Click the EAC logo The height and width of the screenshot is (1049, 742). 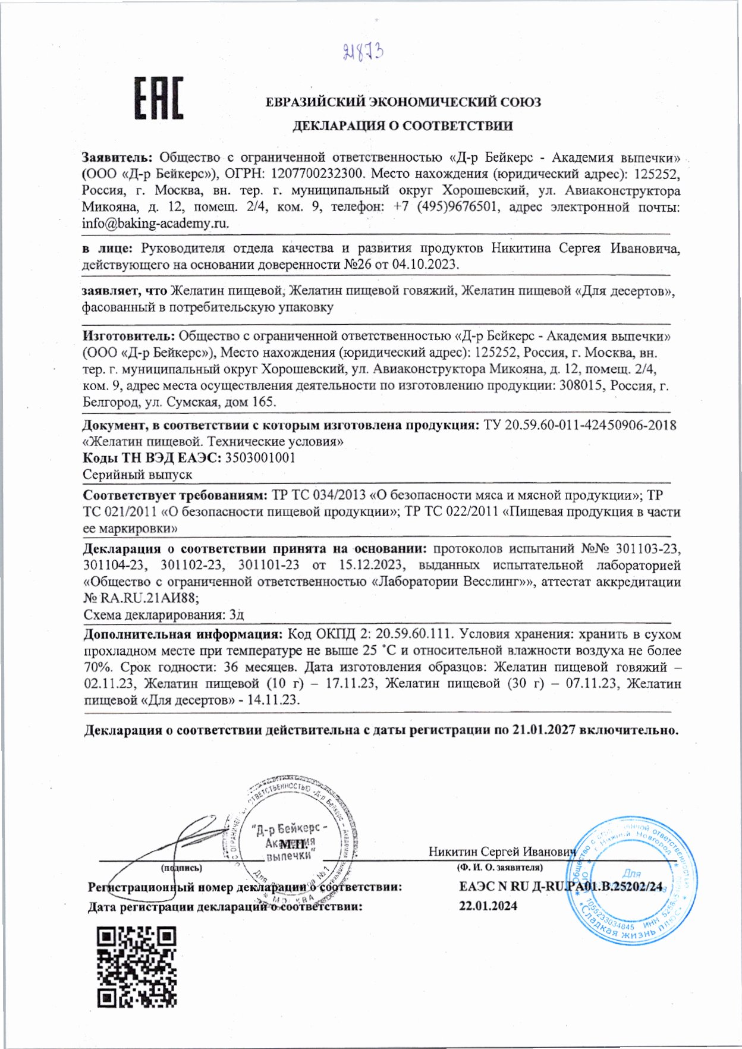point(158,99)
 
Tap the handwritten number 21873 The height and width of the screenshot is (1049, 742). point(363,53)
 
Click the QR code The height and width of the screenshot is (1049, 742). point(137,966)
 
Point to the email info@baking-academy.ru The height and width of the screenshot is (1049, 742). point(155,224)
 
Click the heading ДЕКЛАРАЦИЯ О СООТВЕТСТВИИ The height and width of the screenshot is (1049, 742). point(402,126)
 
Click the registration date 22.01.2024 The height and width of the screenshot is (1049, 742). point(488,906)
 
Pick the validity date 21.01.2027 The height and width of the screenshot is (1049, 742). point(543,730)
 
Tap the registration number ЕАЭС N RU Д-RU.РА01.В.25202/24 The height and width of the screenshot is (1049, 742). point(560,887)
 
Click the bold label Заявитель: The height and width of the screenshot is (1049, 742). point(117,158)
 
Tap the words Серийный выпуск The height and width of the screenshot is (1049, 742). point(137,475)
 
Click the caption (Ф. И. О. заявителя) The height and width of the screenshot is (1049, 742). point(499,868)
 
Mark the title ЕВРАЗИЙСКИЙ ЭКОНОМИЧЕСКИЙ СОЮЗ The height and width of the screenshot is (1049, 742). point(403,102)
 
